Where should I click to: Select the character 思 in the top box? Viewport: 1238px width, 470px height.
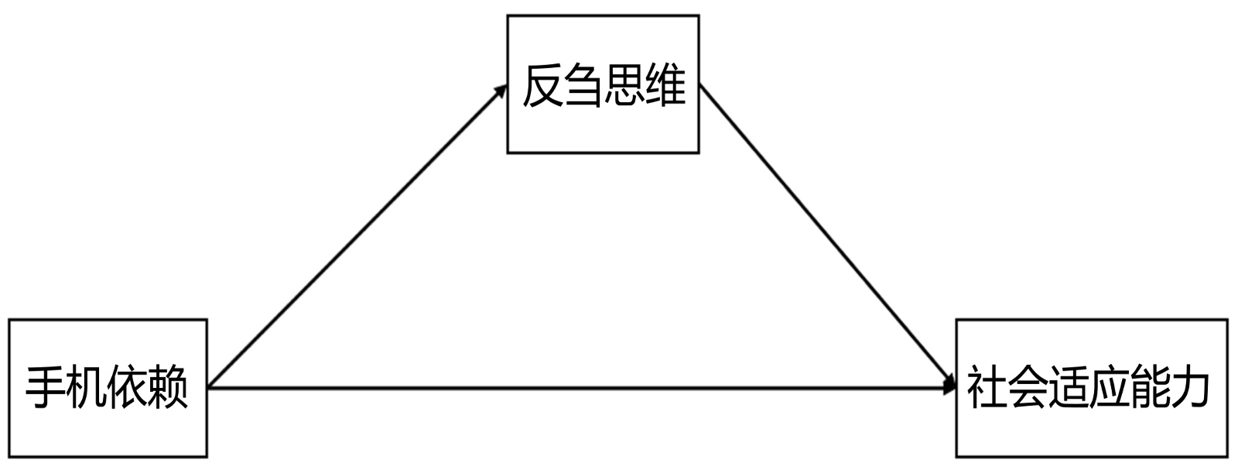click(624, 85)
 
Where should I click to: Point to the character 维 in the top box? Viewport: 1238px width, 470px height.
click(665, 85)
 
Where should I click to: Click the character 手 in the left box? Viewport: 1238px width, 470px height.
click(46, 387)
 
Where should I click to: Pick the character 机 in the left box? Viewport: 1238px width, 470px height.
click(87, 387)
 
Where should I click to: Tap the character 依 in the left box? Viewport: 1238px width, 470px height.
click(128, 387)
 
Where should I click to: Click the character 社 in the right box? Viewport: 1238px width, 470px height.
click(987, 387)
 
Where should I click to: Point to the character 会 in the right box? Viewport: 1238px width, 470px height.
click(1028, 387)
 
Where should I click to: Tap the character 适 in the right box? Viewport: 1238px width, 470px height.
click(1069, 387)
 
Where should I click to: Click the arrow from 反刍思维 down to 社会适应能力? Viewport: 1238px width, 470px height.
click(828, 236)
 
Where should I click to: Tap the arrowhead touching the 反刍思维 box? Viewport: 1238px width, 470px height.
click(501, 91)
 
